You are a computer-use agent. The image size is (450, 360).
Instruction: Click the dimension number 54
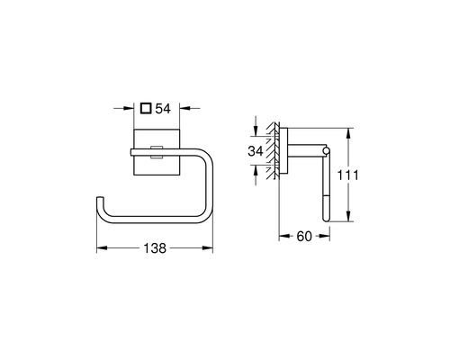163,109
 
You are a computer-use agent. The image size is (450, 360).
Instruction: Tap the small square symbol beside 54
146,108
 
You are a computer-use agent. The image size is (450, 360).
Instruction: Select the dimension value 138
155,248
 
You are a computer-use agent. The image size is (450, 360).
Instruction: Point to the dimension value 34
256,151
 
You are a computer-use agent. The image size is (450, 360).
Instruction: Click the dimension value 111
348,175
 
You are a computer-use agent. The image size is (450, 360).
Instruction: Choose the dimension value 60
304,237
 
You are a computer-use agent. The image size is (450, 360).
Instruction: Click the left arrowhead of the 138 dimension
102,248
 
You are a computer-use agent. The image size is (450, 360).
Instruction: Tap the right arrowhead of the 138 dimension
208,248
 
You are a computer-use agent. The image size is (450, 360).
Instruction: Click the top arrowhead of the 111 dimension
348,133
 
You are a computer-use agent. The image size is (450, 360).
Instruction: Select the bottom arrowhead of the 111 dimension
348,216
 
